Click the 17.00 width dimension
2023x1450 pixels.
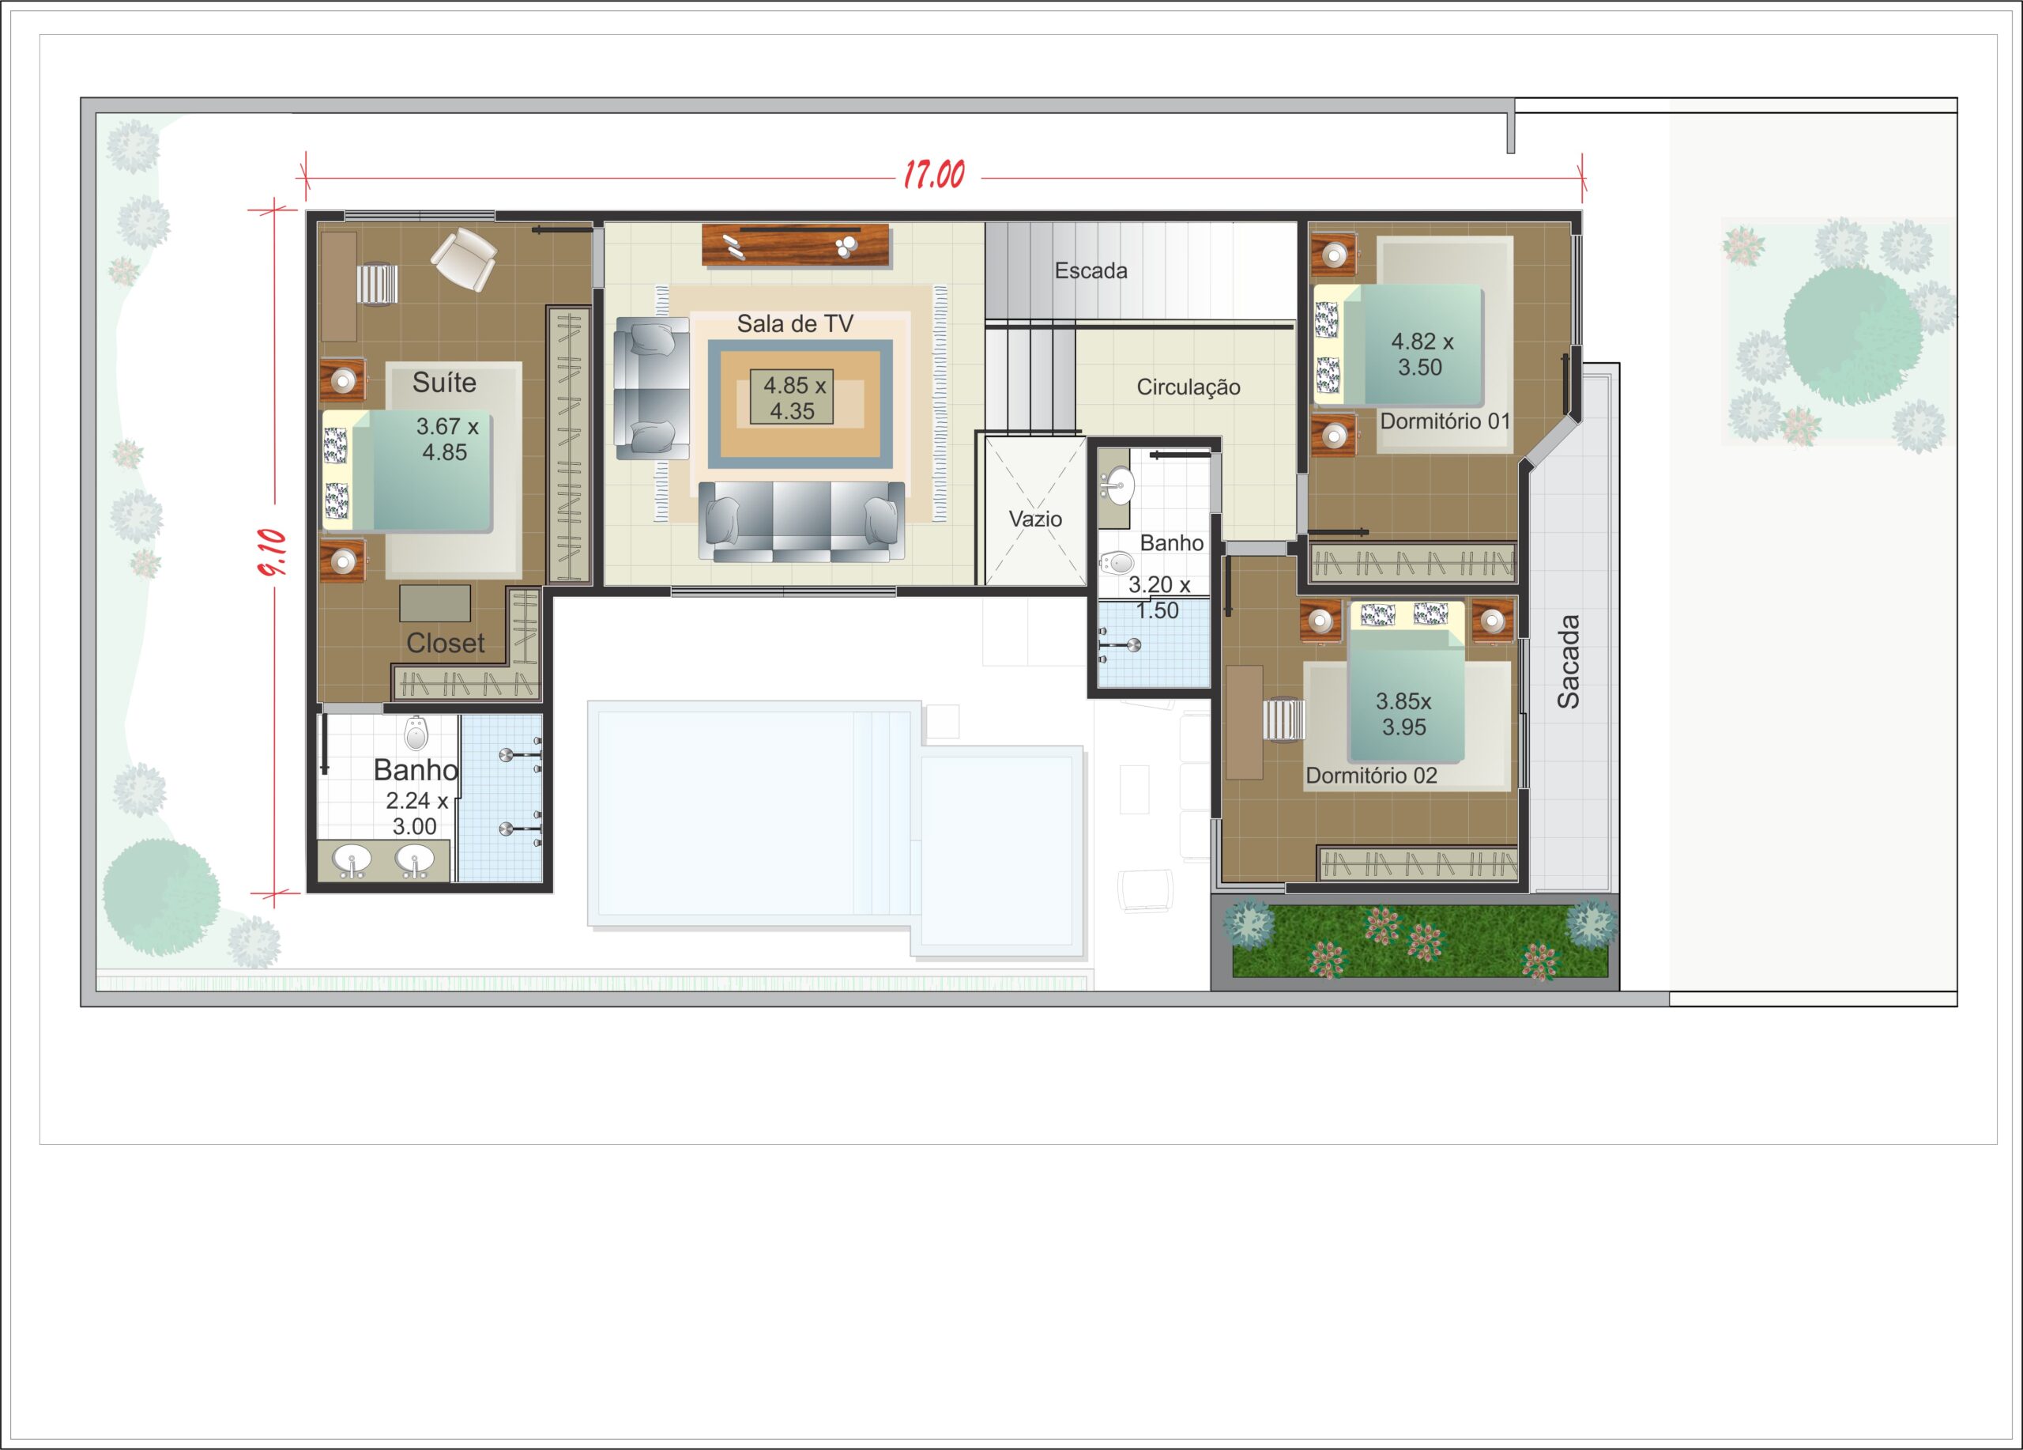point(934,174)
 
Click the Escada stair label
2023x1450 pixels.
point(1091,270)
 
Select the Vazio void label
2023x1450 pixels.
point(1034,519)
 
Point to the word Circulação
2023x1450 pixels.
point(1188,387)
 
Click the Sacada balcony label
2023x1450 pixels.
point(1568,661)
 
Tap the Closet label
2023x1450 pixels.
point(445,643)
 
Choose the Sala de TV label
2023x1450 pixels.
point(795,324)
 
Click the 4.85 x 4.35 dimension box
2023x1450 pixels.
point(792,397)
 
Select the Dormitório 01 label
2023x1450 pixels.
point(1445,421)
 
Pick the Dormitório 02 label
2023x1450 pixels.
point(1371,776)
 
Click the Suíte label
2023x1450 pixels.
point(443,383)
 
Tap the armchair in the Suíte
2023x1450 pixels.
point(464,259)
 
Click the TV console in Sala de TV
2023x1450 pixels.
point(796,244)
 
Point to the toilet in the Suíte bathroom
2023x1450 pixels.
point(416,733)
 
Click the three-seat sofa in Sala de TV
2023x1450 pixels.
point(801,521)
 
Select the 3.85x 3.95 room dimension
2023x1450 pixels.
point(1404,714)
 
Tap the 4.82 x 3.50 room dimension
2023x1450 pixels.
point(1422,354)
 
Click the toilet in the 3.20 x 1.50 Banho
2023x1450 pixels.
point(1116,563)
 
